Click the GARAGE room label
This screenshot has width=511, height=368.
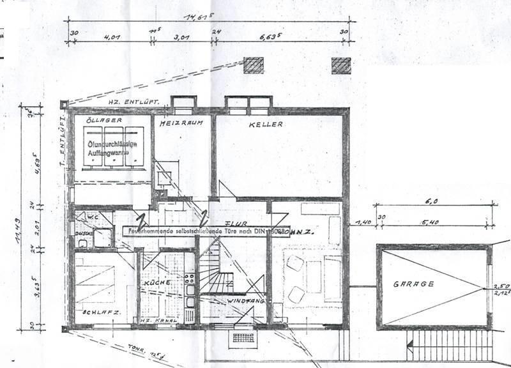(x=413, y=284)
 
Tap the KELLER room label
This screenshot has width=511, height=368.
(x=266, y=125)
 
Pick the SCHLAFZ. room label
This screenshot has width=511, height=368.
(x=96, y=312)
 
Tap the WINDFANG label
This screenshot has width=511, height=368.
(x=243, y=300)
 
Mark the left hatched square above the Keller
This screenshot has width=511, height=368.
(x=254, y=65)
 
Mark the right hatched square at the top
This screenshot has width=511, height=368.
(x=340, y=65)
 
